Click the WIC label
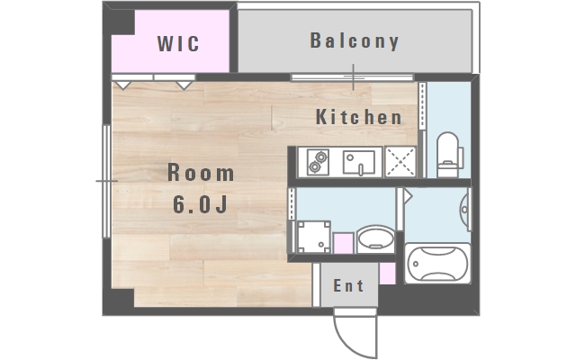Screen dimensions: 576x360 point(178,43)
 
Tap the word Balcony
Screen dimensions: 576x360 point(355,40)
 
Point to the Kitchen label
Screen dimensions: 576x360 point(359,117)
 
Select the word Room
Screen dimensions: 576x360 point(201,173)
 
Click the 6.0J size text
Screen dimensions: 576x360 point(200,204)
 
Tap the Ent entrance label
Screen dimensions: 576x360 point(348,285)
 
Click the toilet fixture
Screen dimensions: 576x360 point(449,155)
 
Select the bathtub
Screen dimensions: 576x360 point(437,263)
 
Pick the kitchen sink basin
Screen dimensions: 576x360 point(359,162)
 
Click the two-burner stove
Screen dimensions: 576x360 point(318,162)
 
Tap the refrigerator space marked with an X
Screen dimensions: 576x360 point(400,162)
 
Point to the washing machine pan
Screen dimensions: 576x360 point(314,237)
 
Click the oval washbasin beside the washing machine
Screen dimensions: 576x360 point(375,238)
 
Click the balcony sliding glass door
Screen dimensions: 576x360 point(353,77)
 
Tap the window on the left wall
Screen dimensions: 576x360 point(106,181)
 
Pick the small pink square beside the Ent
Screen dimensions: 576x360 point(387,274)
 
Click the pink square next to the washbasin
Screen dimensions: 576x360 point(343,243)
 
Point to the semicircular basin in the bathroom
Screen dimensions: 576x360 point(464,210)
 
